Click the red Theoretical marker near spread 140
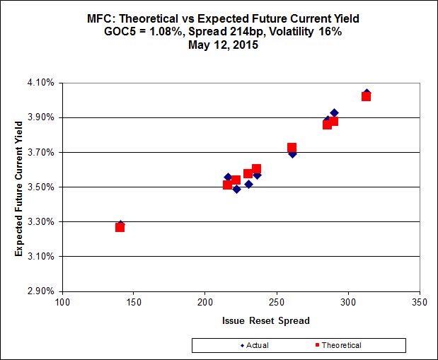tap(120, 227)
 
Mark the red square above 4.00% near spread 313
tap(366, 96)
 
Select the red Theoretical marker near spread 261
tap(292, 148)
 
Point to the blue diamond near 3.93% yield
tap(334, 113)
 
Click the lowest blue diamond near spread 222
tap(236, 189)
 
